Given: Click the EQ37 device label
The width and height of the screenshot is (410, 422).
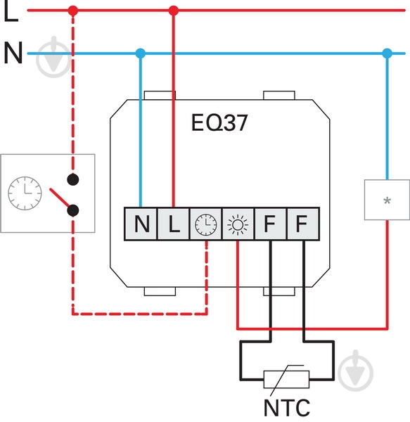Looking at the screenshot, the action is coord(219,122).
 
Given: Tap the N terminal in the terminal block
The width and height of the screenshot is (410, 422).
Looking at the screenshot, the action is coord(141,224).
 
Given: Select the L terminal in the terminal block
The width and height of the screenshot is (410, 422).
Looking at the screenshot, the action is coord(173,224).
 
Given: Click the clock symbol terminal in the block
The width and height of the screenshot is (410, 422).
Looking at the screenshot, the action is coord(206,224).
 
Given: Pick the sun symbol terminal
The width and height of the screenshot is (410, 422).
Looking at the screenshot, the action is coord(238,224).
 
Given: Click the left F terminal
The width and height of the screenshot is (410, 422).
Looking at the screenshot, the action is coord(270,224).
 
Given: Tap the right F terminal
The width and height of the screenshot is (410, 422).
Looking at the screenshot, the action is coord(303,224).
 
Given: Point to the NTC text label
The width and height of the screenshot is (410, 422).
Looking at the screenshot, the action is coord(287,407).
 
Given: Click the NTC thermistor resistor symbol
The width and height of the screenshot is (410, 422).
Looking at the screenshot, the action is coord(286,380).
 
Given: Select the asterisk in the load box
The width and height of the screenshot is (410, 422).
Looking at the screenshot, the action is coord(387,200).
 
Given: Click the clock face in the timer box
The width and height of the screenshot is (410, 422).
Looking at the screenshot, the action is coord(25,193).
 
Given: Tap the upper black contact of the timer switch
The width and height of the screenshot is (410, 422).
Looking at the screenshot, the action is coord(72,179).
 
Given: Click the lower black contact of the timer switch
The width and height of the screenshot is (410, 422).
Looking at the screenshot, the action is coord(72,210).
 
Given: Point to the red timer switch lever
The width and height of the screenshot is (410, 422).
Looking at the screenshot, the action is coord(60,198).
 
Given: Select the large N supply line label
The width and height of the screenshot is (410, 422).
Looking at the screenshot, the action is coord(13,53).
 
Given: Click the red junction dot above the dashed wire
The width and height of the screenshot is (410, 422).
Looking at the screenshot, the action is coord(73,11).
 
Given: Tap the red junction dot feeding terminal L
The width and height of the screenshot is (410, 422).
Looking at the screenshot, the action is coord(174,11).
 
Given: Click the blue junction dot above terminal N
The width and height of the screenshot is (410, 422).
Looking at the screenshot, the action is coord(141,53).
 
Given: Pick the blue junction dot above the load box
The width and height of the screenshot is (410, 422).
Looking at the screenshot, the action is coord(387,53).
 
